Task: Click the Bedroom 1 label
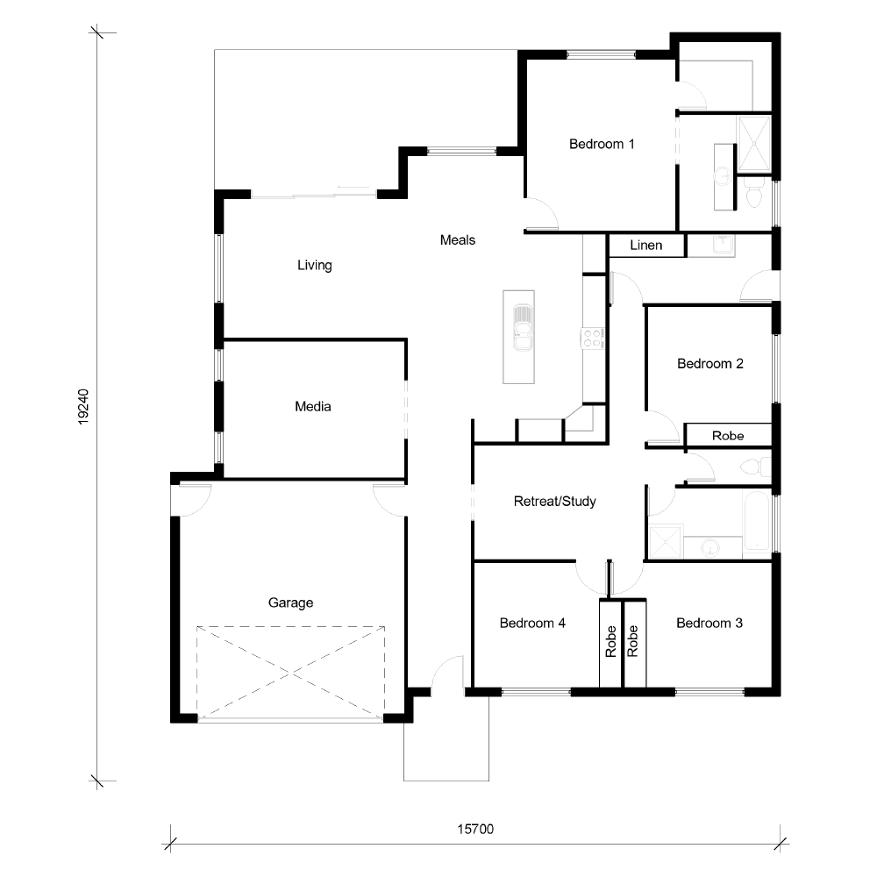[x=602, y=145]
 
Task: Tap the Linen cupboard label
[x=646, y=245]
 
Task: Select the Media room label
[x=313, y=407]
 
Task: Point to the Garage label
[x=290, y=603]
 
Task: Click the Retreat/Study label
[x=555, y=501]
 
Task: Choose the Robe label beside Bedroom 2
[x=728, y=436]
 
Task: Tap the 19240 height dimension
[x=82, y=407]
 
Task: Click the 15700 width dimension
[x=475, y=829]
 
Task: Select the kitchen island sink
[x=523, y=328]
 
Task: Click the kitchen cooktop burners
[x=592, y=339]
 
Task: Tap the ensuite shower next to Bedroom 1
[x=754, y=144]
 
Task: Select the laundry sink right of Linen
[x=723, y=245]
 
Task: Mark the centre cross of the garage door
[x=290, y=673]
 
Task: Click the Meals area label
[x=458, y=240]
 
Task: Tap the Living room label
[x=314, y=265]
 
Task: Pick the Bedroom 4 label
[x=532, y=623]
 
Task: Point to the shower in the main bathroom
[x=666, y=541]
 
